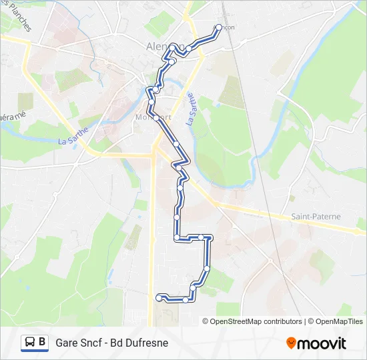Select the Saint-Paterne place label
pyautogui.click(x=316, y=217)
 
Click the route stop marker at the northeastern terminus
pyautogui.click(x=219, y=27)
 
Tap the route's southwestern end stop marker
pyautogui.click(x=159, y=297)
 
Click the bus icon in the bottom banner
pyautogui.click(x=30, y=343)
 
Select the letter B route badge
pyautogui.click(x=43, y=343)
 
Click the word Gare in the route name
pyautogui.click(x=67, y=343)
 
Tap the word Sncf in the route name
pyautogui.click(x=94, y=343)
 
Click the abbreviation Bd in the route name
pyautogui.click(x=121, y=343)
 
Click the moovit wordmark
pyautogui.click(x=322, y=343)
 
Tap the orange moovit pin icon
pyautogui.click(x=291, y=343)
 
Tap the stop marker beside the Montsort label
pyautogui.click(x=157, y=117)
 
